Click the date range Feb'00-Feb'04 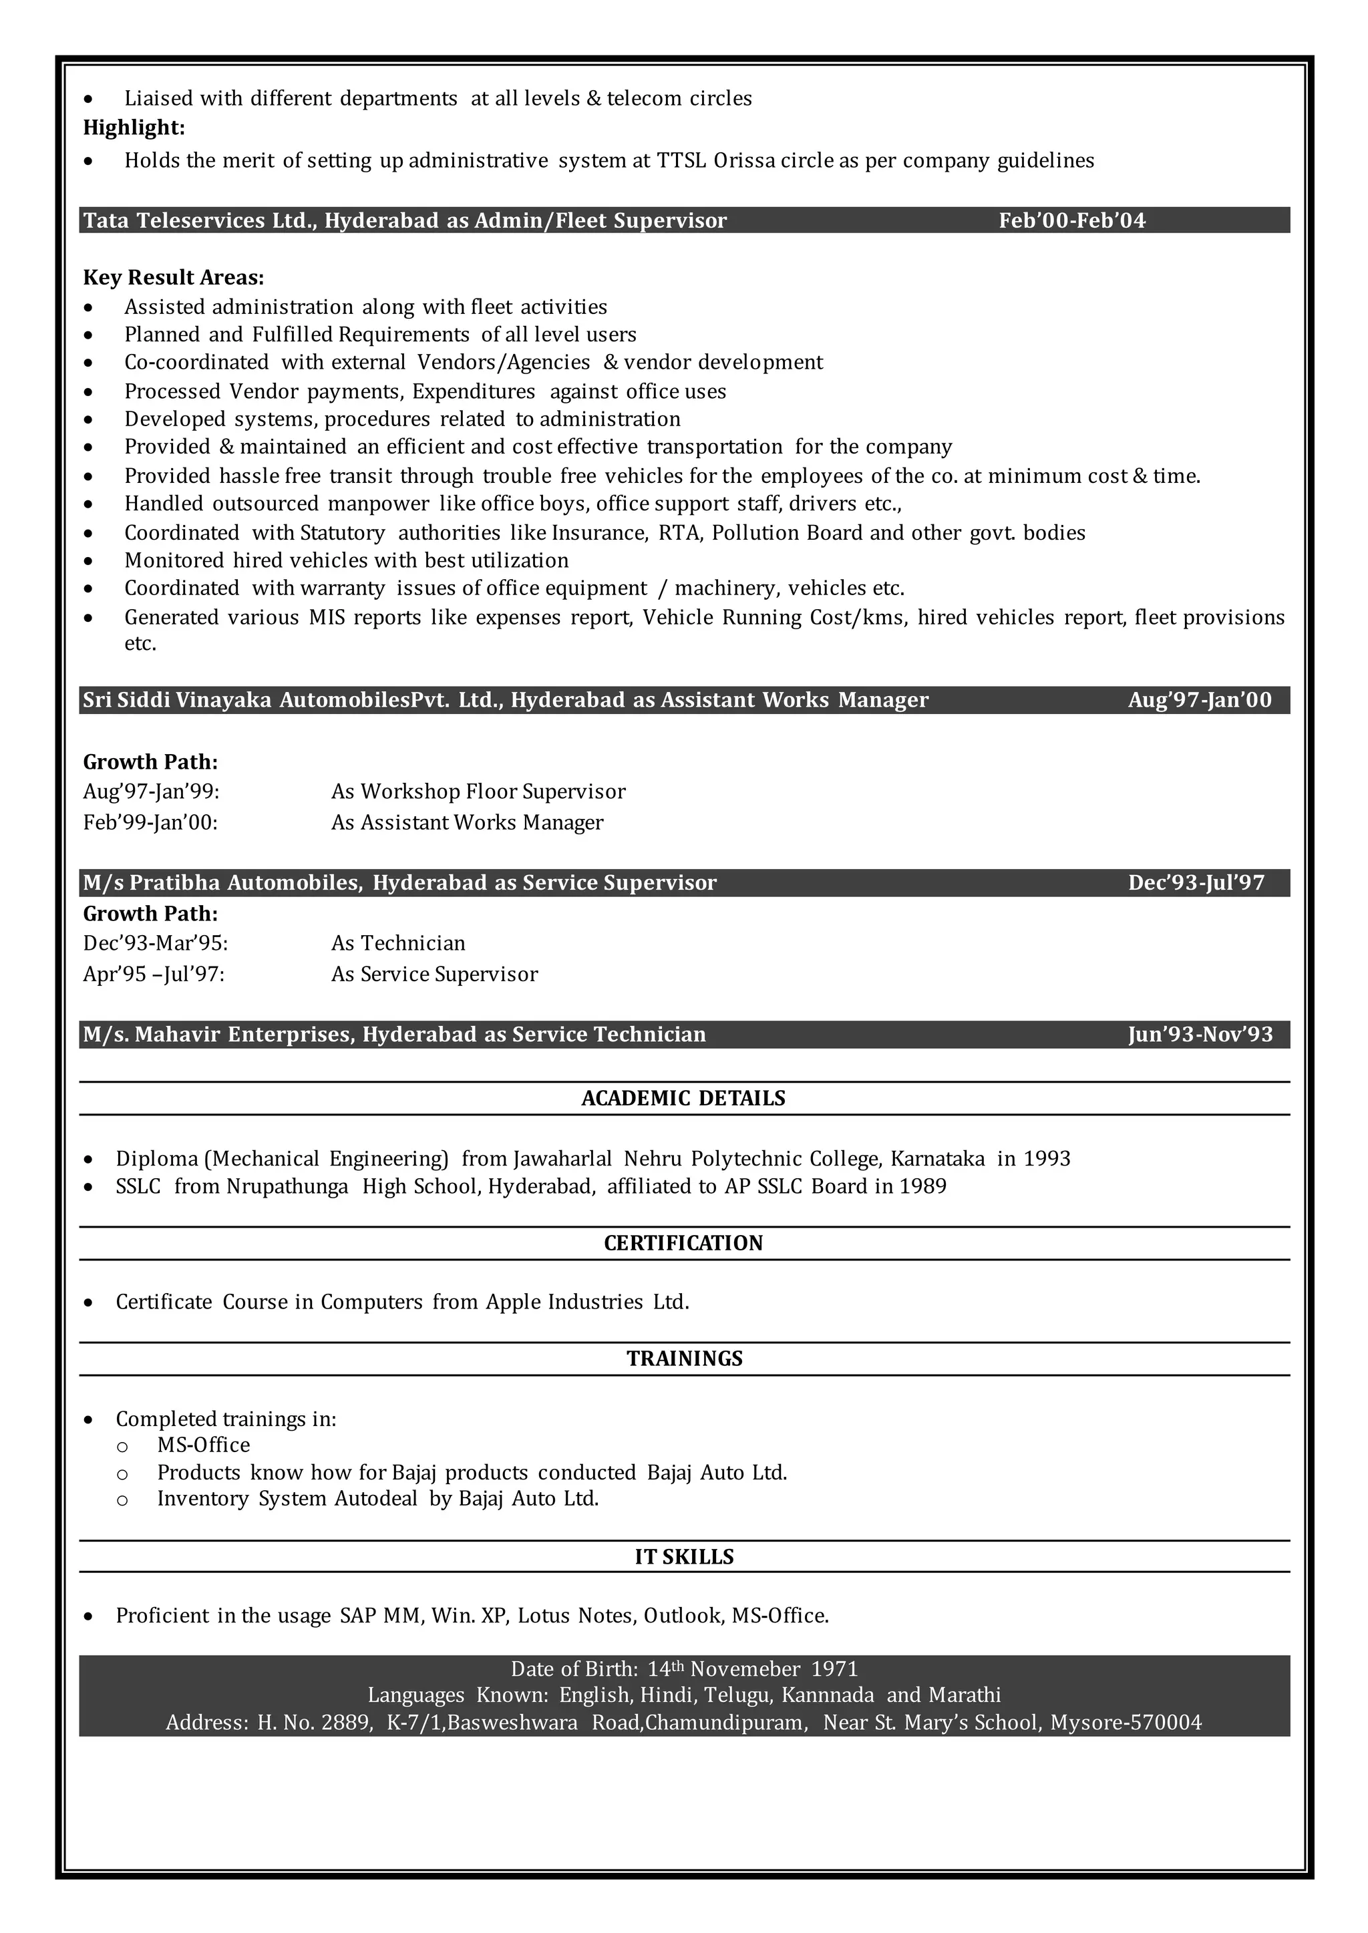tap(1071, 220)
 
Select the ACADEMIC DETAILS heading tap(683, 1098)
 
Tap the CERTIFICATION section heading tap(683, 1243)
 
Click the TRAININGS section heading tap(684, 1359)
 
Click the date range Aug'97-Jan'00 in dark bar tap(1200, 700)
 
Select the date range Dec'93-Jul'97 tap(1196, 883)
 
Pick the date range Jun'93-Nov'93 tap(1200, 1035)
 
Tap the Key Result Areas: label tap(174, 278)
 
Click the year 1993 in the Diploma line tap(1046, 1159)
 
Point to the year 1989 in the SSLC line tap(922, 1187)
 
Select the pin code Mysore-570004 tap(1126, 1723)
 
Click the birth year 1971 tap(834, 1668)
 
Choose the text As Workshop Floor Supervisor tap(478, 792)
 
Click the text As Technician tap(397, 943)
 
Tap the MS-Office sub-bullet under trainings tap(203, 1445)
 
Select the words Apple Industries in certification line tap(564, 1302)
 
